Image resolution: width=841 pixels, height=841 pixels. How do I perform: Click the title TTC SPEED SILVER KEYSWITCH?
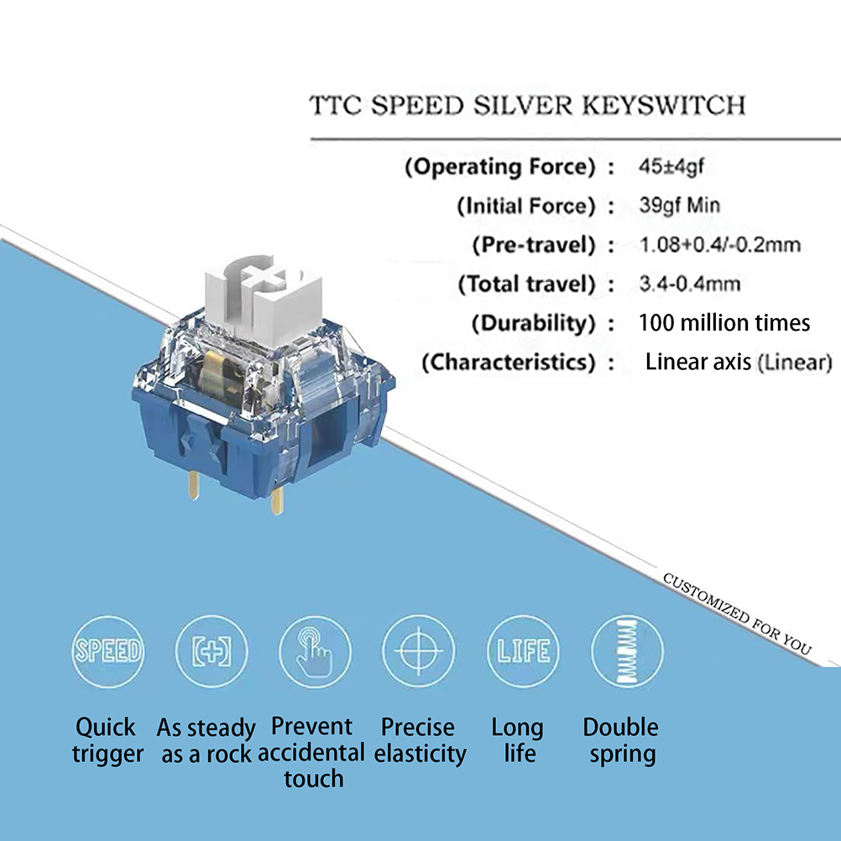click(x=527, y=106)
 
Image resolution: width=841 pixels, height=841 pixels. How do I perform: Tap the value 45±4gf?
click(x=671, y=166)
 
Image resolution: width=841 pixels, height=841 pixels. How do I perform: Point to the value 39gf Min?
click(x=679, y=206)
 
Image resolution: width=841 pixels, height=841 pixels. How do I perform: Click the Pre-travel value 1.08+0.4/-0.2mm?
click(x=719, y=245)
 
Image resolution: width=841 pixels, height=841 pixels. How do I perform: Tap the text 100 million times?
click(x=724, y=323)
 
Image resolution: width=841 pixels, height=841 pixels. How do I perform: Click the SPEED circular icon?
click(x=107, y=650)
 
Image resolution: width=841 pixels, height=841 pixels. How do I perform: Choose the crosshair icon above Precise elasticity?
click(x=418, y=651)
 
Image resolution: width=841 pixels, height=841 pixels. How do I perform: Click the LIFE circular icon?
click(x=522, y=651)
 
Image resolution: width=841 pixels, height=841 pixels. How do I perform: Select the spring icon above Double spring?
click(x=626, y=651)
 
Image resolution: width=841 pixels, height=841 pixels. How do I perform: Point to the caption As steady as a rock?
click(x=206, y=740)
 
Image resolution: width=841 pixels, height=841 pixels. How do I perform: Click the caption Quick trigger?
click(x=107, y=740)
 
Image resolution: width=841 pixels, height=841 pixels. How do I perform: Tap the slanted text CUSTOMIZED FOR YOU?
click(x=737, y=613)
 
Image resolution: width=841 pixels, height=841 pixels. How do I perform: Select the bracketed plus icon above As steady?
click(x=211, y=651)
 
